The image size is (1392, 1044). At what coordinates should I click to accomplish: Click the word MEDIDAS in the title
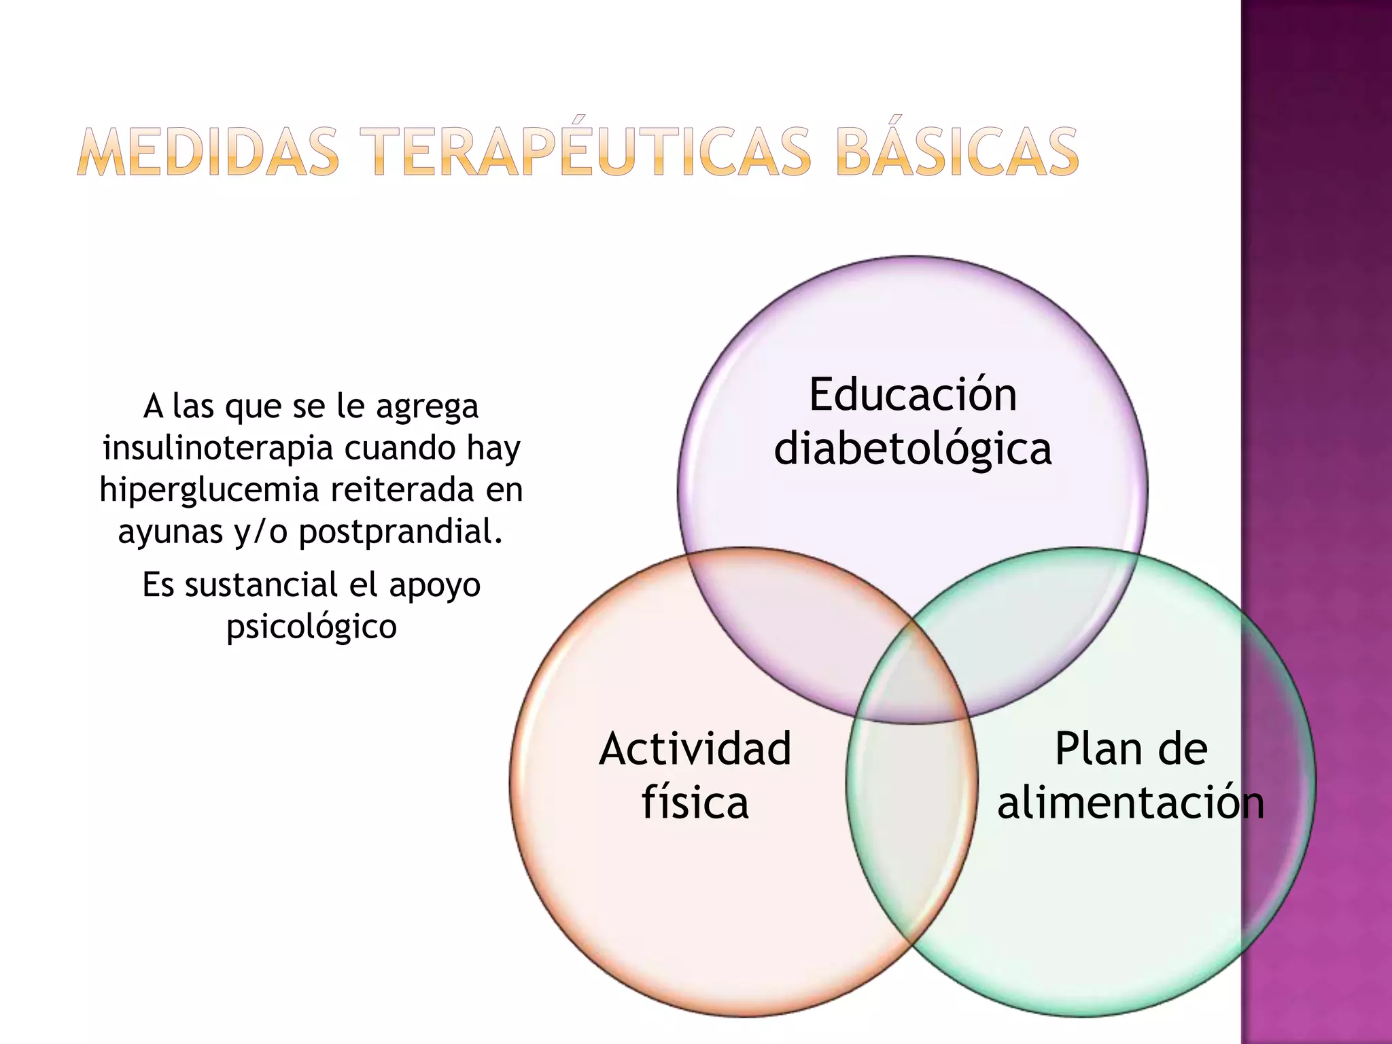coord(207,152)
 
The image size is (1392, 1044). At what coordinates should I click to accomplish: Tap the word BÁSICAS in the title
coord(957,152)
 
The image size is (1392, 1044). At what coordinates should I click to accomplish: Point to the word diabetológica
coord(913,449)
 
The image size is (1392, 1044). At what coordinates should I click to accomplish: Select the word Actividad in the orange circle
coord(695,749)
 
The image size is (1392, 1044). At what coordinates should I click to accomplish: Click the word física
coord(695,802)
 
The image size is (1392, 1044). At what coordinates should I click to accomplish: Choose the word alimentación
coord(1130,802)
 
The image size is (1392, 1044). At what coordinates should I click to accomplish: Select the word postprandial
coord(400,532)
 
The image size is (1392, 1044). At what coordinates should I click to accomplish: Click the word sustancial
coord(261,585)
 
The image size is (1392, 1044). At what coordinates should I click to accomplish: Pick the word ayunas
coord(170,532)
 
